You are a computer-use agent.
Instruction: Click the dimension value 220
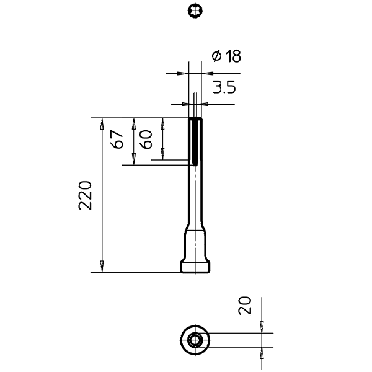85,195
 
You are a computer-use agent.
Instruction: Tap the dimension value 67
117,139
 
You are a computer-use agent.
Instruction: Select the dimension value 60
146,139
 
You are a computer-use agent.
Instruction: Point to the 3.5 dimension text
224,87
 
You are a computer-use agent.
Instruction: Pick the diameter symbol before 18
216,56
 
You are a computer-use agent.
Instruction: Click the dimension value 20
245,306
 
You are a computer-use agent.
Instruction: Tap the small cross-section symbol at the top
195,11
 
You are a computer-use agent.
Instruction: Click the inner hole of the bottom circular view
195,340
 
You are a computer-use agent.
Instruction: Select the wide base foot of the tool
195,267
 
